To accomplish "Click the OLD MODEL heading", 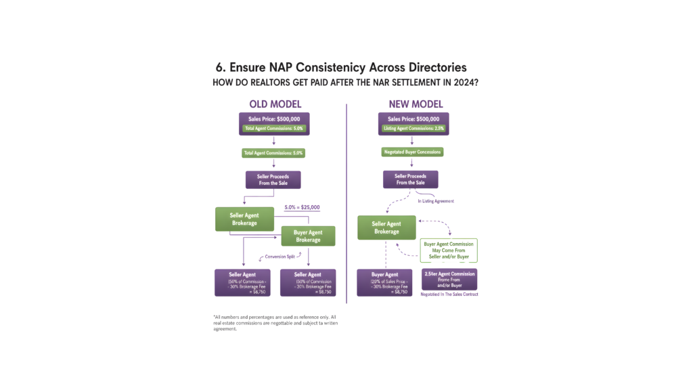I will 275,104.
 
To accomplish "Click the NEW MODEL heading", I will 416,104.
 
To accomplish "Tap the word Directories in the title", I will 428,68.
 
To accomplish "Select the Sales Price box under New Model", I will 411,123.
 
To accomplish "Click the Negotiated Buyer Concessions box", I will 411,152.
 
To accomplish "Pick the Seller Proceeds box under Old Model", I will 273,179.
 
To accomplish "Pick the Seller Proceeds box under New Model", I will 411,179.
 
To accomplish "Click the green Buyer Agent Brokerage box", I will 309,236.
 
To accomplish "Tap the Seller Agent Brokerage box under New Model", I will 386,227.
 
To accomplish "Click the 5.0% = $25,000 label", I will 302,207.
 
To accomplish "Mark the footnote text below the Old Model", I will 275,322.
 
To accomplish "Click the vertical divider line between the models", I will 346,203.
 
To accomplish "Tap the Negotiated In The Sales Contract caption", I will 449,295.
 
